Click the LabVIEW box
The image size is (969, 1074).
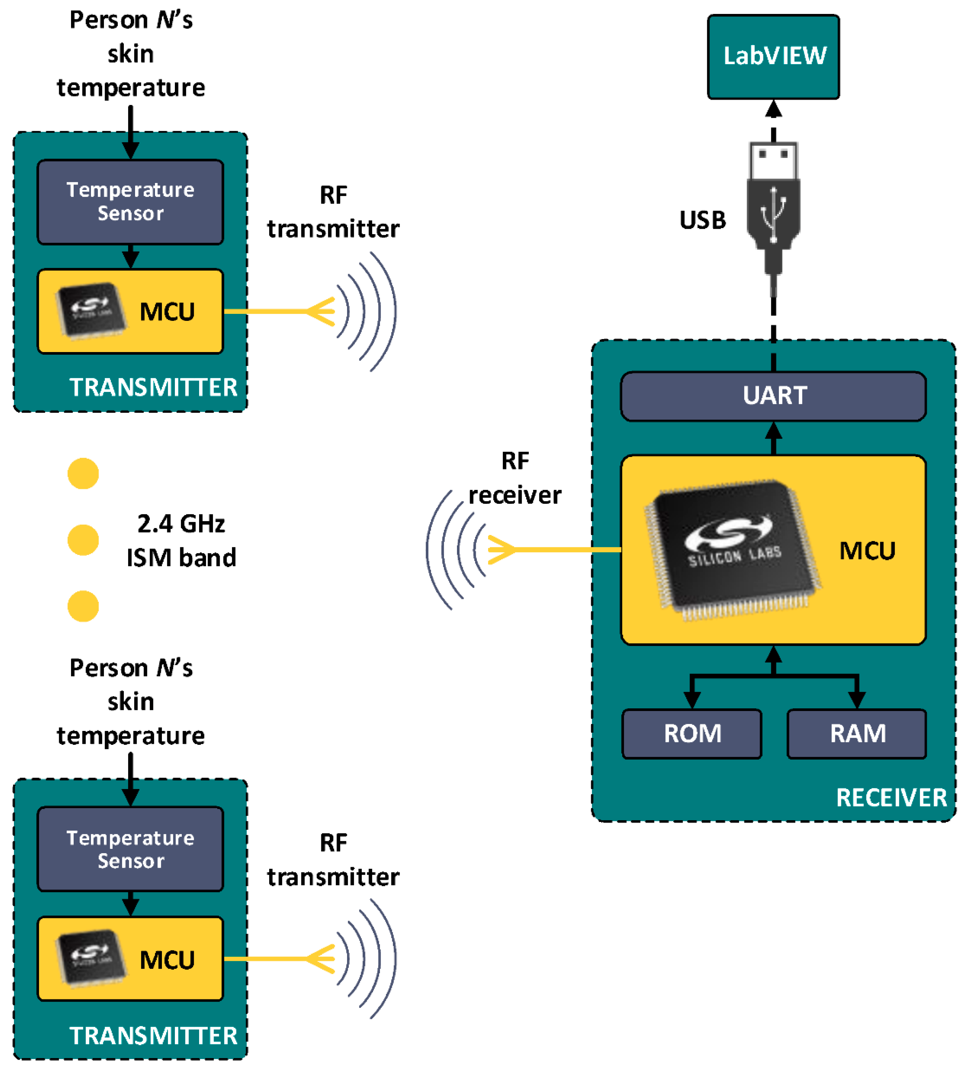tap(773, 56)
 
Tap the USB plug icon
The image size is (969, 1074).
tap(773, 208)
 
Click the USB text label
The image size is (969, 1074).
tap(702, 220)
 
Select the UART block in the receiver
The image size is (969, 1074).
tap(773, 396)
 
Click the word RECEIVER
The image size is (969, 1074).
tap(891, 797)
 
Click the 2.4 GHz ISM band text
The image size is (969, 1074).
tap(181, 540)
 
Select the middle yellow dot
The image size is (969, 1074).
tap(83, 540)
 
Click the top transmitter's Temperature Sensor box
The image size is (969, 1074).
tap(130, 202)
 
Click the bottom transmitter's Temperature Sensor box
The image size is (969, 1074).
tap(130, 849)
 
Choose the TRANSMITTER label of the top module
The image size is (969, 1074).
tap(153, 387)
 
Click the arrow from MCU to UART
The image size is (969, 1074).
tap(773, 438)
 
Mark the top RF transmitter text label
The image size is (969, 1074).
tap(333, 212)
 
